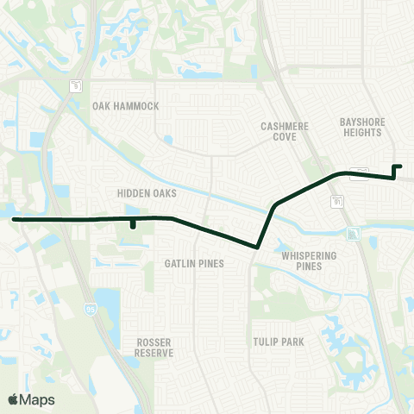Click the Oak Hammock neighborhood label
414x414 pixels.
126,106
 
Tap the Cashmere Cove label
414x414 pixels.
284,131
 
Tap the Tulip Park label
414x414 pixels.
279,342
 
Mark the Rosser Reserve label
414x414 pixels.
154,348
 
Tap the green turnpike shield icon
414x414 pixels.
354,234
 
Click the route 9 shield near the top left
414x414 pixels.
75,85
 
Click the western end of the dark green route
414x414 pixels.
14,219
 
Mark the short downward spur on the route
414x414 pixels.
132,227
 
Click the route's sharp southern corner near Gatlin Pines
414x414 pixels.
258,248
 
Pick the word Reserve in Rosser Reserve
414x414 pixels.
154,353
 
